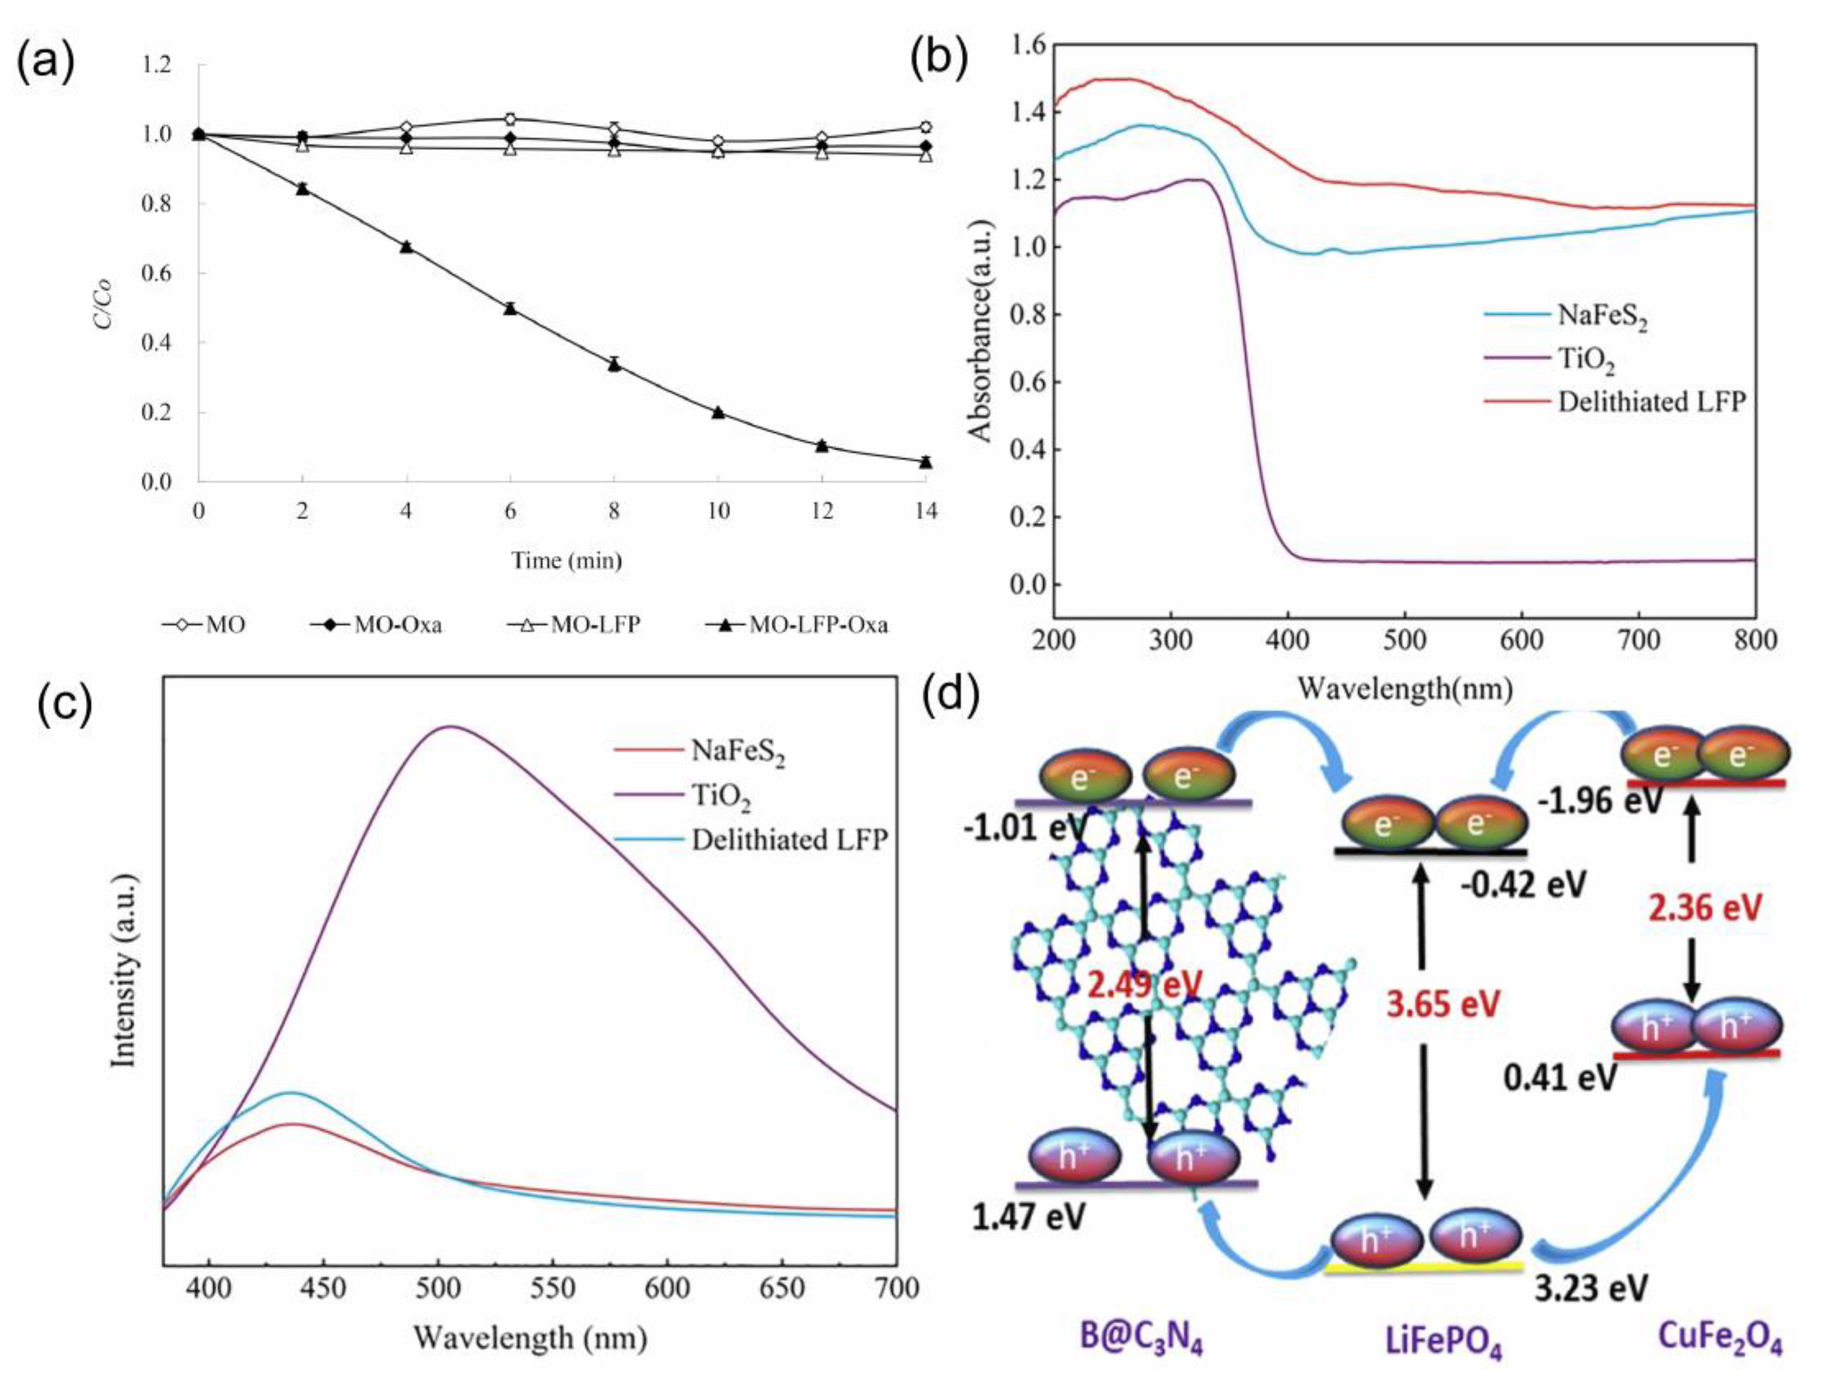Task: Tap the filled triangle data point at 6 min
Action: click(x=510, y=308)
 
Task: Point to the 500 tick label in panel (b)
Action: click(x=1404, y=641)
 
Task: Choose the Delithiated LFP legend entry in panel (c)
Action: click(x=789, y=840)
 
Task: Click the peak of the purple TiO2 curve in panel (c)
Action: click(x=450, y=727)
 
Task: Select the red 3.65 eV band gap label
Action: click(x=1442, y=1004)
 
